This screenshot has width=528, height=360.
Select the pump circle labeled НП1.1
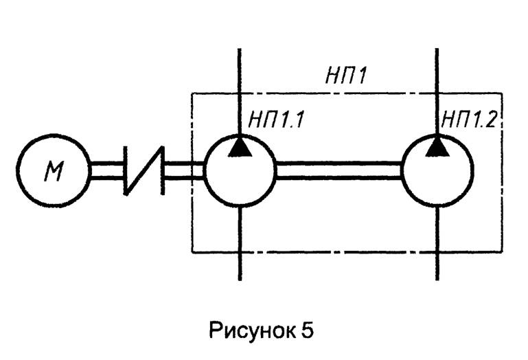coord(240,170)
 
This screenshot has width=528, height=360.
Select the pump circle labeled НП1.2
coord(437,170)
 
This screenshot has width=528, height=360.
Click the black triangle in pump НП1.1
coord(240,146)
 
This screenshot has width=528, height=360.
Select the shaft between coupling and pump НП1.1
coord(184,170)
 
